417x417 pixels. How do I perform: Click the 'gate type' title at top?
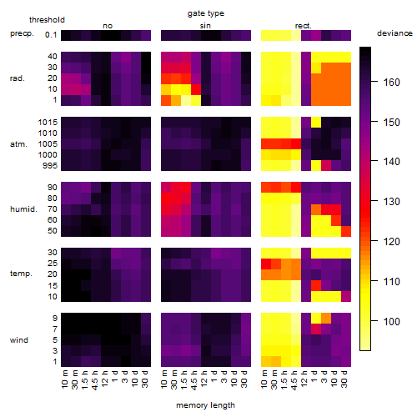206,13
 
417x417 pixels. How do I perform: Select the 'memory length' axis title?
206,405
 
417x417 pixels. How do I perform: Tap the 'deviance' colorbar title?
394,33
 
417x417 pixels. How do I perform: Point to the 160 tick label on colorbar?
392,83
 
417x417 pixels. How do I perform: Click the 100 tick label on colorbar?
392,322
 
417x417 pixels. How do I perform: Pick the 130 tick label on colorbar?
392,202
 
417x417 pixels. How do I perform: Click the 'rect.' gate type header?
304,26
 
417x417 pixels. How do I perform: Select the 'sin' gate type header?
205,26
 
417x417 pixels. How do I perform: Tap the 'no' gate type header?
108,26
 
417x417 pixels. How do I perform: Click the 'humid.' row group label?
23,209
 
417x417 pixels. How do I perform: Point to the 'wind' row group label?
19,340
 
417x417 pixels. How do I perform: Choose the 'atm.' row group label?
18,144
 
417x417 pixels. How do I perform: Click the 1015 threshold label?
48,123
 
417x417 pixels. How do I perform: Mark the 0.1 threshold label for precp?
51,35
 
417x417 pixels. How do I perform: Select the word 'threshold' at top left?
47,20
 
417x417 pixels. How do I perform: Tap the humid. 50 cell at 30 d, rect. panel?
346,231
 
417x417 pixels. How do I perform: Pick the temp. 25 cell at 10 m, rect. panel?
266,264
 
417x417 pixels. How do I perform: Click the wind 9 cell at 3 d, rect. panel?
326,319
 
